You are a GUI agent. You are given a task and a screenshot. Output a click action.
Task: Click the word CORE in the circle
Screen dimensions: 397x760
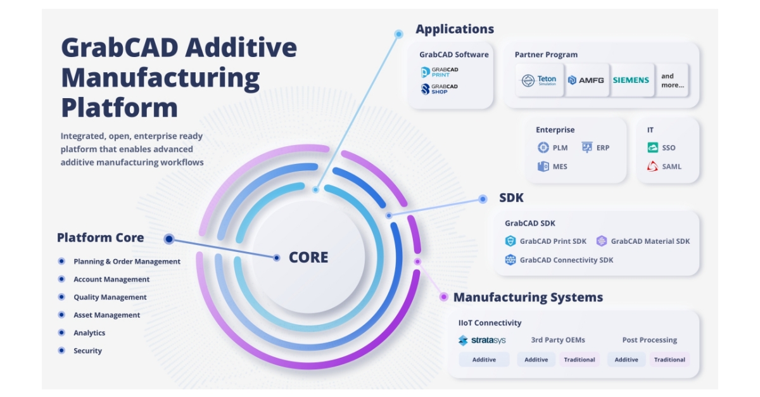(308, 258)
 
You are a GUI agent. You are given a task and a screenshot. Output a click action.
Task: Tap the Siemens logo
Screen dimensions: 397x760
(631, 80)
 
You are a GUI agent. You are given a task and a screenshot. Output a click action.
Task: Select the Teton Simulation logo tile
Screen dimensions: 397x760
(538, 80)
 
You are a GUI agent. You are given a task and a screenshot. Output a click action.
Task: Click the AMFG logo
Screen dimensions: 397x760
(586, 80)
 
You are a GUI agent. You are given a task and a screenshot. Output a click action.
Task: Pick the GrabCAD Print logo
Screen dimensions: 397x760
(440, 72)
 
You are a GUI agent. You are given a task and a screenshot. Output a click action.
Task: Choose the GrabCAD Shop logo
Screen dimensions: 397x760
(440, 89)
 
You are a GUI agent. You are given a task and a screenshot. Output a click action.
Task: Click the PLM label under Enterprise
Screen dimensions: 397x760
(560, 148)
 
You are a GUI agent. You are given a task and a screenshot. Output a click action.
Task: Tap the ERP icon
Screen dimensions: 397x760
(587, 148)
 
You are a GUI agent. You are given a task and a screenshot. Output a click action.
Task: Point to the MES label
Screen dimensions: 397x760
(560, 167)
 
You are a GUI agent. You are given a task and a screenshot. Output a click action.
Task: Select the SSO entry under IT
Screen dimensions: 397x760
(668, 148)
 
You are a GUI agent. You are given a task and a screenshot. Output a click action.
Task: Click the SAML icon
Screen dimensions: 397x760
(652, 167)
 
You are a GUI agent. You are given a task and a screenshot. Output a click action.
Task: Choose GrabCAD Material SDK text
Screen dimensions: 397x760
(650, 241)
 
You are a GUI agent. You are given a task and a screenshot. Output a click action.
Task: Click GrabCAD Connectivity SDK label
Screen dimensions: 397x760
(566, 260)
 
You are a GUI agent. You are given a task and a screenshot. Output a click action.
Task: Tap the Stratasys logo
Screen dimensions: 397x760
(482, 340)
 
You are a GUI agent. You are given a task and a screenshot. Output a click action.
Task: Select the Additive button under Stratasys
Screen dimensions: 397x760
(484, 360)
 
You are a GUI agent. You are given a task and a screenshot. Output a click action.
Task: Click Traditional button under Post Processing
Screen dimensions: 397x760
(669, 360)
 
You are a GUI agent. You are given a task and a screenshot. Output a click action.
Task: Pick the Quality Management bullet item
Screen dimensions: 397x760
(110, 297)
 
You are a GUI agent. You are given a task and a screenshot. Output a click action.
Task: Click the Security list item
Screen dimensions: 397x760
(87, 351)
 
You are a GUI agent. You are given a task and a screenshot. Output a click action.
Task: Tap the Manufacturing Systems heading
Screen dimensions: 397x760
(528, 297)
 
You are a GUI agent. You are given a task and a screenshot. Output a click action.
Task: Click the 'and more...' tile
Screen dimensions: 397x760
(672, 80)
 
